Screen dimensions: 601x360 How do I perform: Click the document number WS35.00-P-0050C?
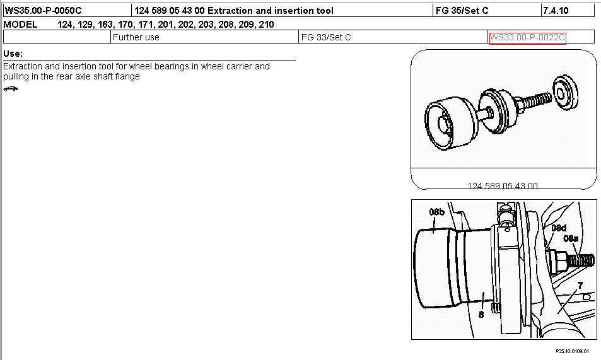[43, 10]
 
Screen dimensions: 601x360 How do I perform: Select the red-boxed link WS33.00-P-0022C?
[527, 38]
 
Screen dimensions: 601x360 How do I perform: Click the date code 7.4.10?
[556, 10]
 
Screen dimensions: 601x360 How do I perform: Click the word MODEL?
[20, 25]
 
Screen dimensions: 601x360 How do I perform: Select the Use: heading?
[13, 54]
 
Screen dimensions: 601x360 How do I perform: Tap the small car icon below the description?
[10, 89]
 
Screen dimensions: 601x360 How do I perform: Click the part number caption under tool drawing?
[503, 185]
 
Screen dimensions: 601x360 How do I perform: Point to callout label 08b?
[437, 212]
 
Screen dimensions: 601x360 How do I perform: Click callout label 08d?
[559, 228]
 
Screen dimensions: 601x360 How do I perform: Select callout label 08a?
[571, 238]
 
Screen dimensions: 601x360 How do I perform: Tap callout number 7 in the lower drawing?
[580, 286]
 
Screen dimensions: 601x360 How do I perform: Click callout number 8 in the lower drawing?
[481, 315]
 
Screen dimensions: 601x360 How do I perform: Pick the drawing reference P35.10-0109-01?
[572, 351]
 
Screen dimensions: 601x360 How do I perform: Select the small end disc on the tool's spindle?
[565, 93]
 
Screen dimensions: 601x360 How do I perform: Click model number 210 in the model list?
[266, 25]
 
